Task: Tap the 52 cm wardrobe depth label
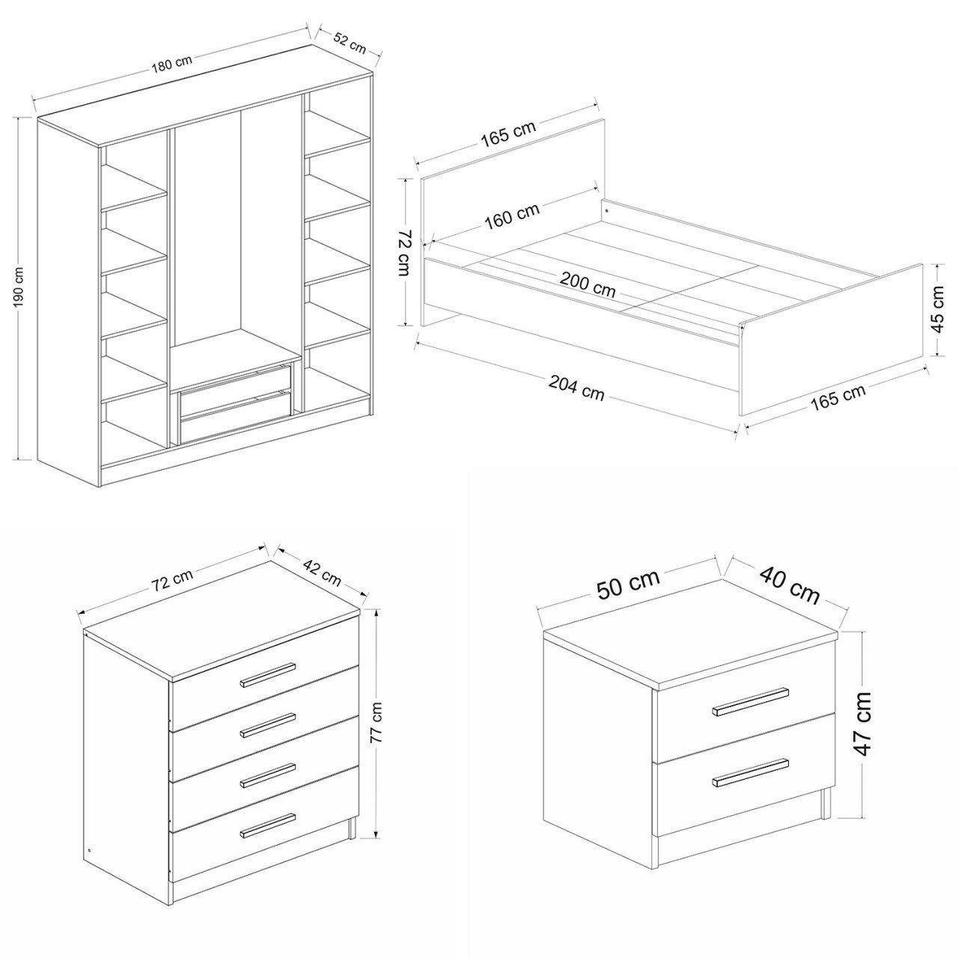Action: (350, 44)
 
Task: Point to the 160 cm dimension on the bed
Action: (513, 216)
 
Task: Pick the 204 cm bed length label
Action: (577, 387)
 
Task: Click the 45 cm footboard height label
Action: (939, 309)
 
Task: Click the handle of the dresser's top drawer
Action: (269, 674)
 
